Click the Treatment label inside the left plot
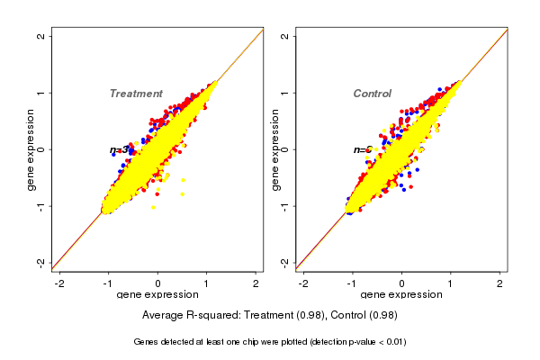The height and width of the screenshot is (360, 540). point(136,94)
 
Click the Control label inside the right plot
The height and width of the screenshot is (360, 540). point(372,94)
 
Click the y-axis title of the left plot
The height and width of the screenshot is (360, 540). point(31,149)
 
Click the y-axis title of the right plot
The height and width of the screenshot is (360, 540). point(275,149)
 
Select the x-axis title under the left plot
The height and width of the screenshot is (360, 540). point(157,295)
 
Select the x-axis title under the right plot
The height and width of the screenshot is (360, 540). point(401,295)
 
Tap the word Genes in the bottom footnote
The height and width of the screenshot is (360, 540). point(146,342)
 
